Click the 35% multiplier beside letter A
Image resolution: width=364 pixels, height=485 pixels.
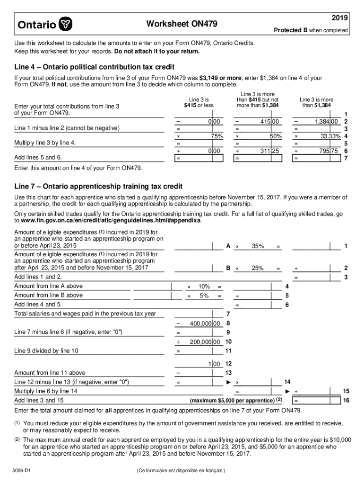[x=257, y=246]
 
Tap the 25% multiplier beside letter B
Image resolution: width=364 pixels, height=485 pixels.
[x=257, y=268]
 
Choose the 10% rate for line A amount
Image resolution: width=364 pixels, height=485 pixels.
[x=204, y=287]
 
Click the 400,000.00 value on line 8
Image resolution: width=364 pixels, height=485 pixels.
[x=205, y=323]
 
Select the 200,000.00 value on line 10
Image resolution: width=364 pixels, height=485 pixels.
[x=205, y=341]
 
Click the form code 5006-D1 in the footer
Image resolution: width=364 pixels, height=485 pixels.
[x=22, y=471]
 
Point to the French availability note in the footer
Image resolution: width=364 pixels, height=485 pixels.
[x=181, y=471]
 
